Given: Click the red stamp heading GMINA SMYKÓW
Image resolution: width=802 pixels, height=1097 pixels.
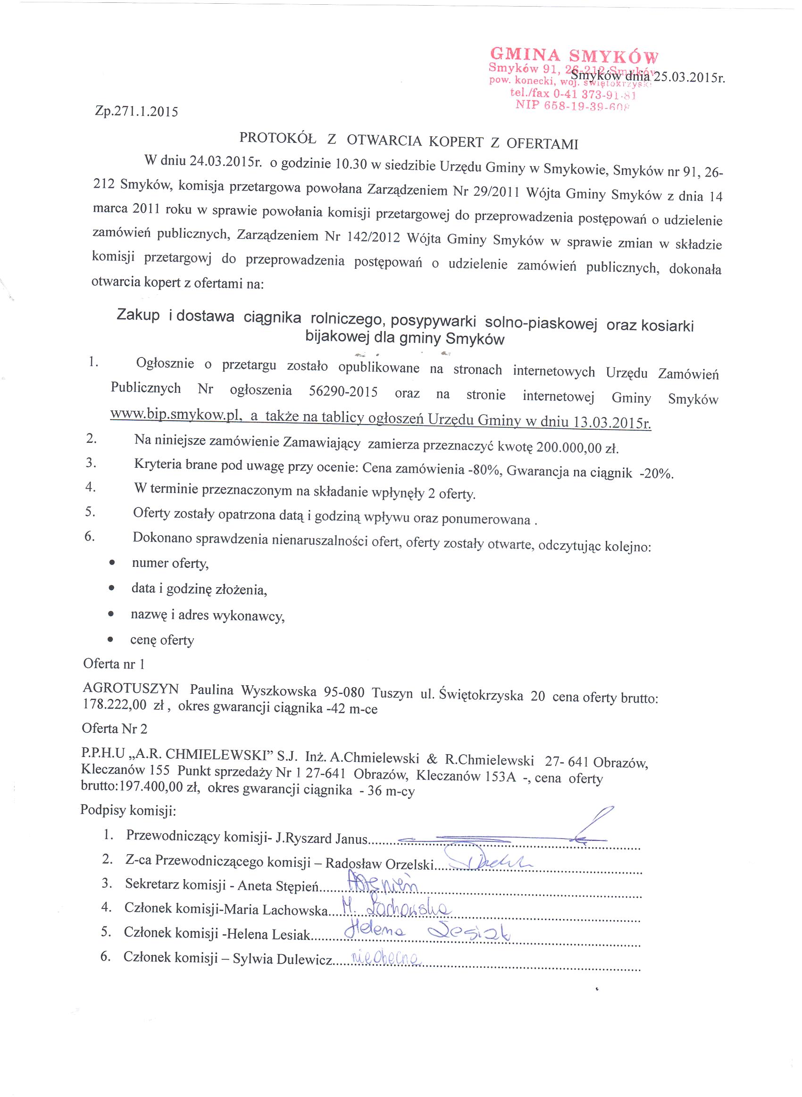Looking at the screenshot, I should pos(574,55).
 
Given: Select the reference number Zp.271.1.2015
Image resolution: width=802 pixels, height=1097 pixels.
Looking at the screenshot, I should pos(136,112).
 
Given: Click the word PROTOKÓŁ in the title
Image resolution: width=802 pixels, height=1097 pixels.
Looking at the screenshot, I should pos(278,138).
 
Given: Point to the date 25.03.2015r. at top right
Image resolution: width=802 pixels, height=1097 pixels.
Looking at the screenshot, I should pos(689,78).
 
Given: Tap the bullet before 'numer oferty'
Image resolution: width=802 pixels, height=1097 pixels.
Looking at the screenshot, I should pos(112,563).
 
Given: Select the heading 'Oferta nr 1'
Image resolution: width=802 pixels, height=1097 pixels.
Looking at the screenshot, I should pos(114,664).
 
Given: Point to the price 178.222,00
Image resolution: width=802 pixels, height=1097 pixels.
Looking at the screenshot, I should pos(115,705).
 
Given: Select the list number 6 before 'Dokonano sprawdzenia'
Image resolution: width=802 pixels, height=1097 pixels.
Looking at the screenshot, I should pos(89,536).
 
